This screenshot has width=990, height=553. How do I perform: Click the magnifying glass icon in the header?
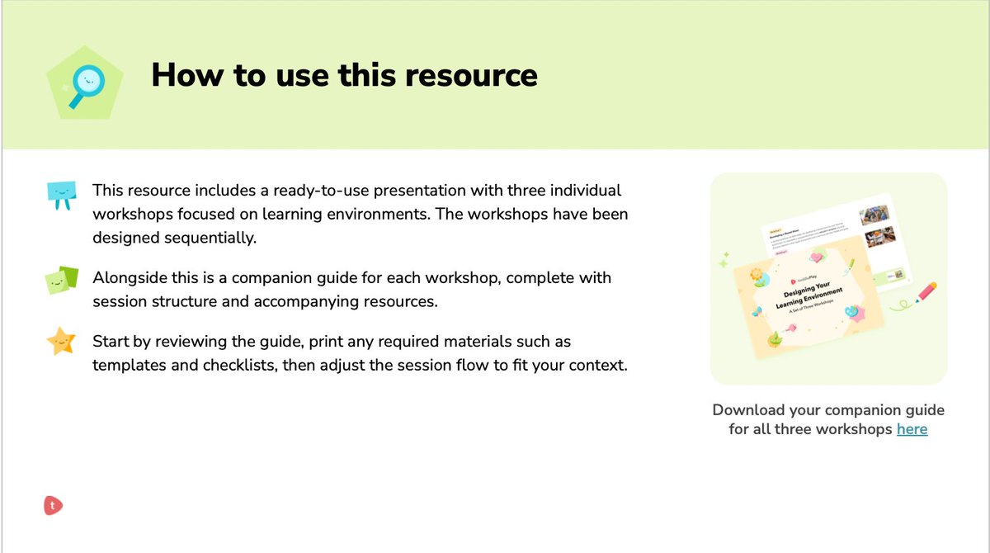pyautogui.click(x=84, y=83)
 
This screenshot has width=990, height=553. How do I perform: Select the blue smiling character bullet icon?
pyautogui.click(x=61, y=194)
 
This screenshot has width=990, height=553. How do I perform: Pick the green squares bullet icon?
pyautogui.click(x=61, y=281)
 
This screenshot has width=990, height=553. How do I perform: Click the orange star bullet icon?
pyautogui.click(x=61, y=341)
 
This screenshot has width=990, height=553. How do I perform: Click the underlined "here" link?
pyautogui.click(x=912, y=429)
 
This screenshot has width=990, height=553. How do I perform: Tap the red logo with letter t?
pyautogui.click(x=54, y=505)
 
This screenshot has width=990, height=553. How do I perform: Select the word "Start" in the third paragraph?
pyautogui.click(x=111, y=341)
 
